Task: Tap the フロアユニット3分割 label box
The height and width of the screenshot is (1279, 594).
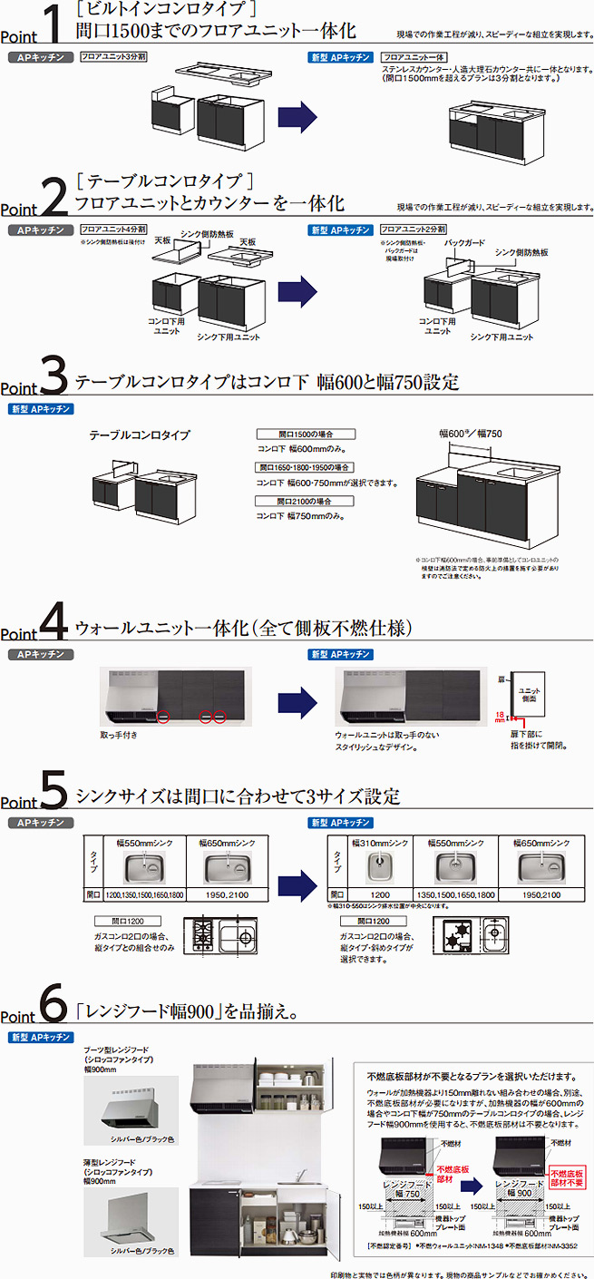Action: click(112, 56)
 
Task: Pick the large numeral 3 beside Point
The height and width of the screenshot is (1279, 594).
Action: click(54, 373)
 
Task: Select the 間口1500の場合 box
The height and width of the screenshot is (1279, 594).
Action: click(305, 434)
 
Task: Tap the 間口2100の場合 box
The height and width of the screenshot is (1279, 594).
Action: click(305, 501)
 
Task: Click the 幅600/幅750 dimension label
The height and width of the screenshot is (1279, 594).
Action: click(470, 434)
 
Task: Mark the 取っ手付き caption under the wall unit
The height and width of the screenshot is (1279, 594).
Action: click(119, 734)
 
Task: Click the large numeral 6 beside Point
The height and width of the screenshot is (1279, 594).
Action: click(54, 1004)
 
